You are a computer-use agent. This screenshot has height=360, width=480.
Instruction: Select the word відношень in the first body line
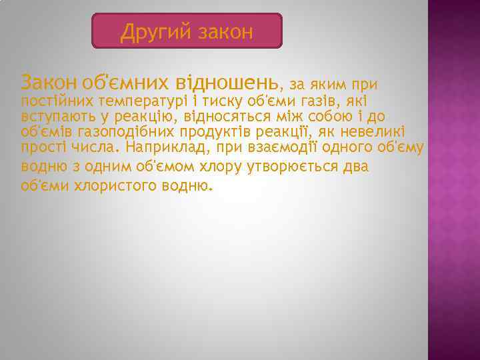227,83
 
